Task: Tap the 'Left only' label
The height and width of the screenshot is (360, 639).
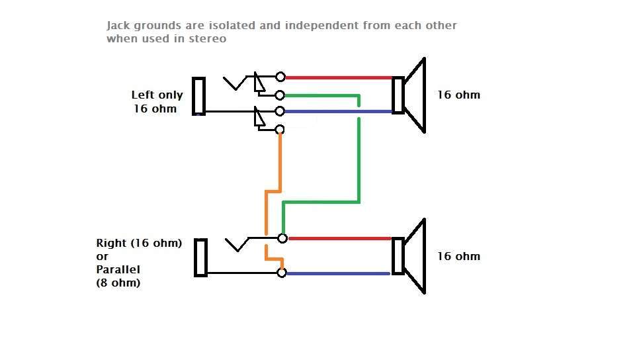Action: pos(157,95)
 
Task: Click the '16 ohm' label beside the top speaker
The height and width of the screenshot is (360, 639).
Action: pos(458,95)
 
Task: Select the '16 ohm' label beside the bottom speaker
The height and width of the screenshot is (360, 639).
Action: pos(458,256)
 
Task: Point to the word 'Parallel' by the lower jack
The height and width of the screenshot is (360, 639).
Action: pos(118,269)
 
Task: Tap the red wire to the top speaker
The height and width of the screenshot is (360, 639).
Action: pos(337,77)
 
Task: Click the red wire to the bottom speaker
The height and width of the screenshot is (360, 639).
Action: pos(337,238)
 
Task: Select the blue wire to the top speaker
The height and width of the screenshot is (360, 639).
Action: pos(337,111)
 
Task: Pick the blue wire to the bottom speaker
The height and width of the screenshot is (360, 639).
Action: pos(337,273)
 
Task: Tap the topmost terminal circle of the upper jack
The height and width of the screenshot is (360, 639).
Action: pos(280,77)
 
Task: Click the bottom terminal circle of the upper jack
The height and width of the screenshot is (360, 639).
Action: pos(280,130)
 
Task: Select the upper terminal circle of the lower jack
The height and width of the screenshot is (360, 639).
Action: pos(282,238)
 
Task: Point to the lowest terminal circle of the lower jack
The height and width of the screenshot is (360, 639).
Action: pos(282,273)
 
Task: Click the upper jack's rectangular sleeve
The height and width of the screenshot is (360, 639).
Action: pos(198,96)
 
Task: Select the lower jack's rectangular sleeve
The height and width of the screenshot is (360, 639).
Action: pos(201,257)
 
